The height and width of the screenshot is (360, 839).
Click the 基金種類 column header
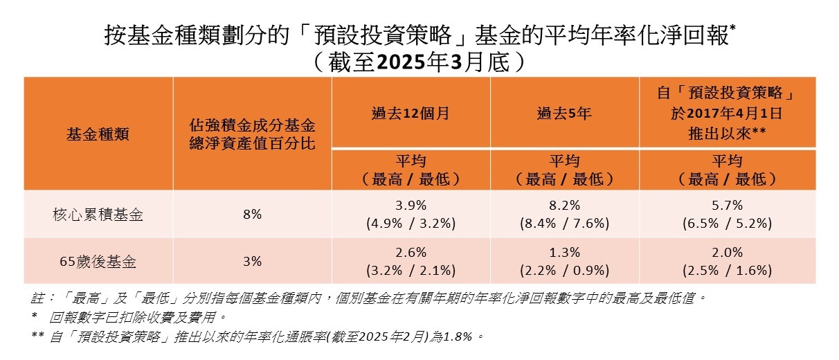[98, 134]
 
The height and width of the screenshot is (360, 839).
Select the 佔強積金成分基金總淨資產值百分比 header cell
[252, 134]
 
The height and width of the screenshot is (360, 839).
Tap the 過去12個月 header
[411, 113]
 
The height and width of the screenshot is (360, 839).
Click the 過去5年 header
[564, 113]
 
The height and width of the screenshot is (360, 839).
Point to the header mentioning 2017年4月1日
[727, 113]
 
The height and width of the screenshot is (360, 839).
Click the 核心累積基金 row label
[98, 214]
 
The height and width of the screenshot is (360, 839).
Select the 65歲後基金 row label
[98, 261]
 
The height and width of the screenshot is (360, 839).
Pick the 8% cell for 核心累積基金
[252, 214]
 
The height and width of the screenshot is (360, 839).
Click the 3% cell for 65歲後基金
[252, 261]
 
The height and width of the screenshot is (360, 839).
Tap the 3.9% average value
[411, 206]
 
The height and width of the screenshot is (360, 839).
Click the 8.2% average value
[564, 206]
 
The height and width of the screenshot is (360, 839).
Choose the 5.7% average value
[727, 206]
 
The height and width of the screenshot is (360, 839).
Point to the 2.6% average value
[411, 253]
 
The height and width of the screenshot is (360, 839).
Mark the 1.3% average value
[564, 253]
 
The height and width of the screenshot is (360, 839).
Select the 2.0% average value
[727, 253]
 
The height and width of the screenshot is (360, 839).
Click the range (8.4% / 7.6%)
[564, 223]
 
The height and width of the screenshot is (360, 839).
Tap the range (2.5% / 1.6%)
[727, 270]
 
